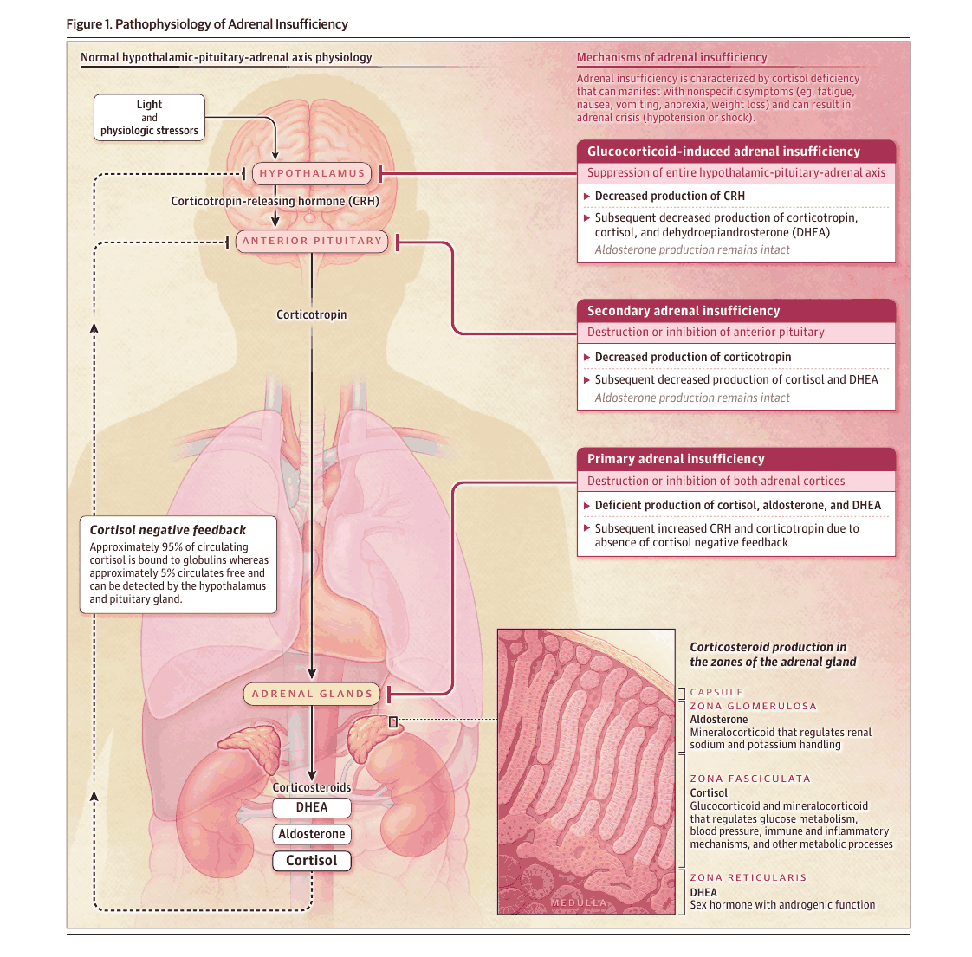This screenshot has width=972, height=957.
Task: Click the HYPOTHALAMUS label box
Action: pos(312,173)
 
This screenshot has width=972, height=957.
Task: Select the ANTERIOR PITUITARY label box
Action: pos(312,241)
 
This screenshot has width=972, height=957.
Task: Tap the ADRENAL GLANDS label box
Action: pos(312,695)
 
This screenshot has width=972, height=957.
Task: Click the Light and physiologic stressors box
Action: pos(149,118)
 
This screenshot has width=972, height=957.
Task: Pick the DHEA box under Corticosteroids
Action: pos(312,808)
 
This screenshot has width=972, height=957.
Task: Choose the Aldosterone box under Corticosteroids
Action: pos(312,834)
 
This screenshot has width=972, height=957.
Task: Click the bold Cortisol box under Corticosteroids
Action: pos(312,861)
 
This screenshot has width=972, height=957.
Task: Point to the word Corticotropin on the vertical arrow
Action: pos(312,315)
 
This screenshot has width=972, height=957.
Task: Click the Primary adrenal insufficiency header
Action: pos(736,459)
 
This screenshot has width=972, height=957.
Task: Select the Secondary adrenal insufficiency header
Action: pos(736,311)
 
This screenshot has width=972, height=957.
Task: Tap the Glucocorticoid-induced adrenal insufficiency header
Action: pos(736,152)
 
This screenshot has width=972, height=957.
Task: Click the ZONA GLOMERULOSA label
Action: pos(753,706)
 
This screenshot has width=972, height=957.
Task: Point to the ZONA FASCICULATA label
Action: pos(750,779)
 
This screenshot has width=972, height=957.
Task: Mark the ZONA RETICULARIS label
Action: pos(748,877)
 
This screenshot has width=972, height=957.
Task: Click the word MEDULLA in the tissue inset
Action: pos(579,902)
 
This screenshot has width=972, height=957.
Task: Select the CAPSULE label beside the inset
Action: pos(716,692)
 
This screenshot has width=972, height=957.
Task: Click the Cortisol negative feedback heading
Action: pos(167,531)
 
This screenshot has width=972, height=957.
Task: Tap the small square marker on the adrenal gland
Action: pos(393,721)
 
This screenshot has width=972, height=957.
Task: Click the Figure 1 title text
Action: pos(207,24)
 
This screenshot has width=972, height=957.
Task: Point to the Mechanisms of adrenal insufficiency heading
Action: pos(672,58)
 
